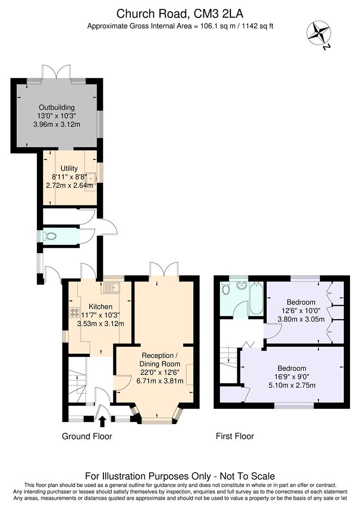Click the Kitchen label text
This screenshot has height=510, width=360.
click(100, 306)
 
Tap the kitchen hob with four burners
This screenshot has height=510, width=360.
click(75, 312)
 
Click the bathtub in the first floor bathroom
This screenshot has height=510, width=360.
click(256, 298)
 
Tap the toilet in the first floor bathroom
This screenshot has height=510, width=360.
click(226, 289)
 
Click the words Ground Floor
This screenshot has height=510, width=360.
click(87, 436)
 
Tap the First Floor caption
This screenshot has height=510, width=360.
click(234, 436)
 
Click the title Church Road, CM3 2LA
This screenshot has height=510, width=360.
click(180, 13)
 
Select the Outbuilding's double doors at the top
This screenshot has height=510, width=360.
click(57, 73)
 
